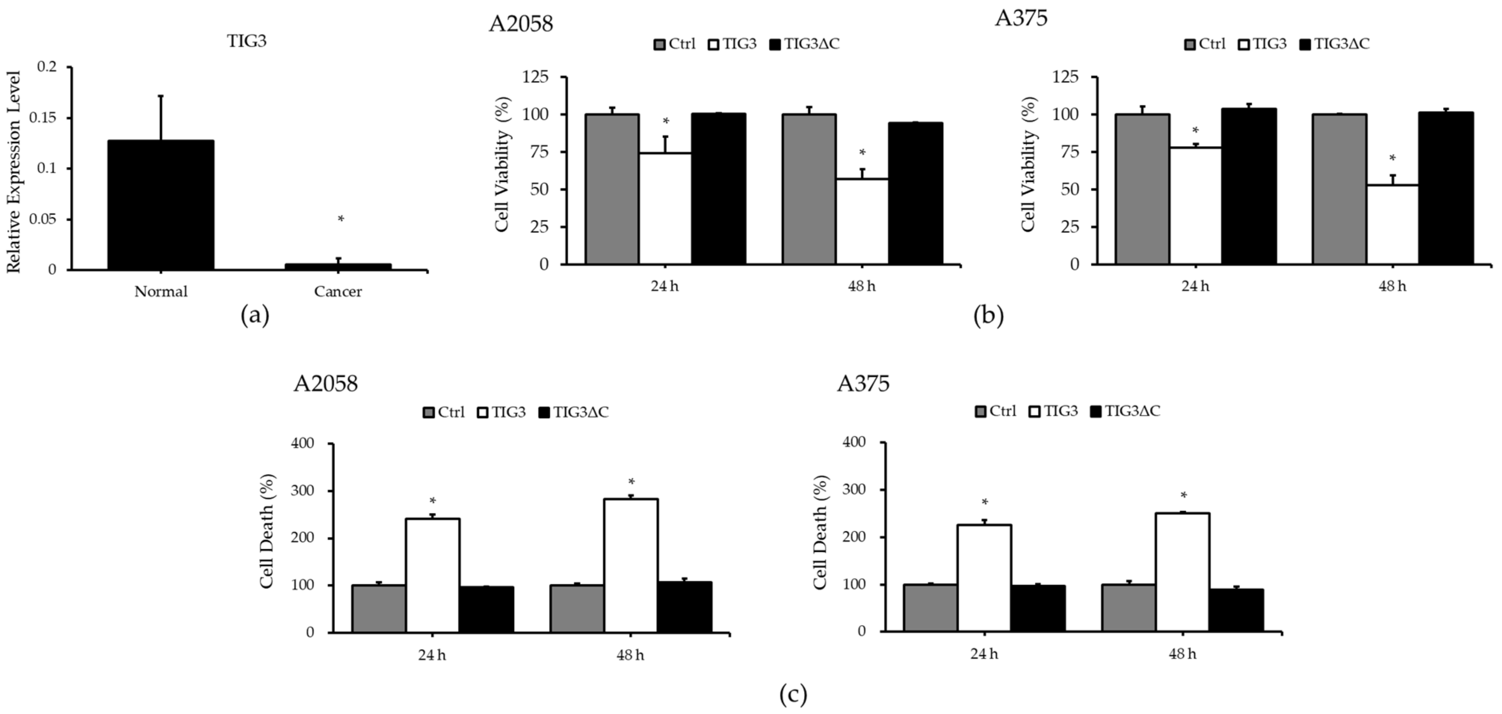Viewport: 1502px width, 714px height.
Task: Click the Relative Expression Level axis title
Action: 14,172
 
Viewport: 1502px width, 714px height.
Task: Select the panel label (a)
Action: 255,316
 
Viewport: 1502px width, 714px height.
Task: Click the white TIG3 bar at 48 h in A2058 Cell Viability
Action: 861,222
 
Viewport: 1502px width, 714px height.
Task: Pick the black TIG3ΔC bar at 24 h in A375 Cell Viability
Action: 1249,187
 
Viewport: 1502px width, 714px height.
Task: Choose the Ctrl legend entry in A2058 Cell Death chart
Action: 444,412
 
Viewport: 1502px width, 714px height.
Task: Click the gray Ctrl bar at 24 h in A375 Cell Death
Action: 929,608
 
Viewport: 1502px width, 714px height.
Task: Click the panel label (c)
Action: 793,695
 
